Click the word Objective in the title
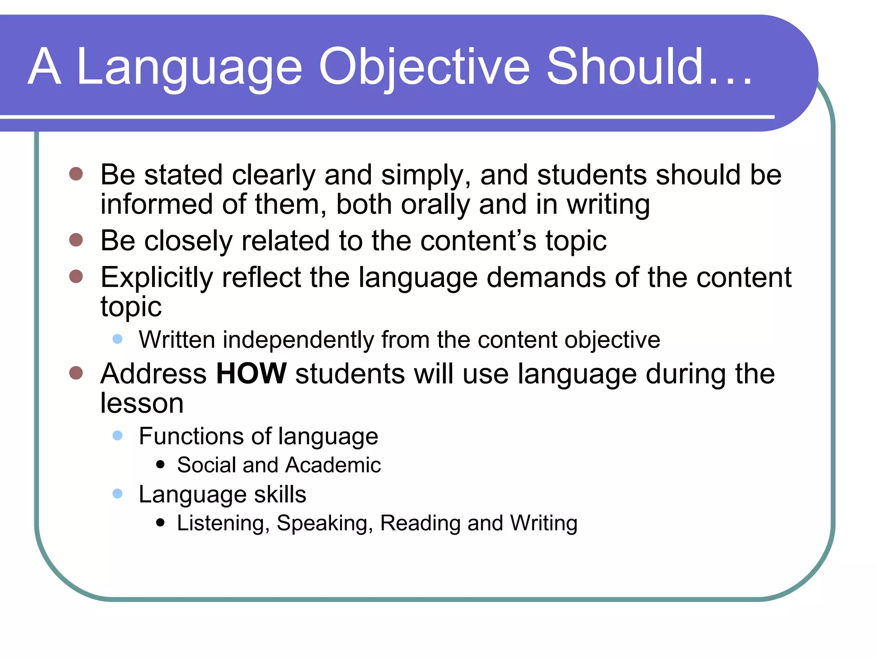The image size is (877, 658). click(424, 68)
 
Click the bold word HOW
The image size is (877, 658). click(251, 374)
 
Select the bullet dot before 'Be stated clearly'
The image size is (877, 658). click(76, 174)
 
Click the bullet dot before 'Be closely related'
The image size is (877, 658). click(76, 240)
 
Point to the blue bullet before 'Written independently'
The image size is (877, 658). click(117, 339)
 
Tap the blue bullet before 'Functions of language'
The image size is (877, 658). click(117, 436)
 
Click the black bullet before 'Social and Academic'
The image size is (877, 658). click(161, 464)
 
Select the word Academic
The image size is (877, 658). click(333, 465)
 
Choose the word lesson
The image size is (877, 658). click(142, 404)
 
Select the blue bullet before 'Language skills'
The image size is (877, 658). click(117, 494)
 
